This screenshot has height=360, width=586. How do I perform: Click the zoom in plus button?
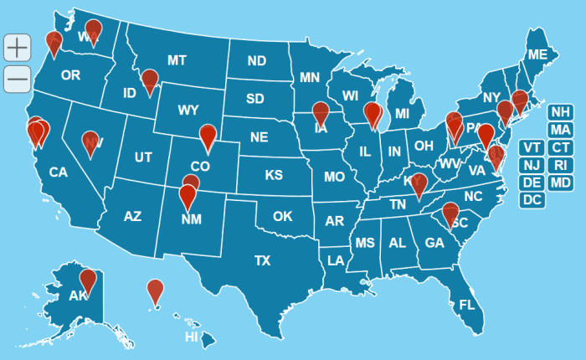click(x=17, y=48)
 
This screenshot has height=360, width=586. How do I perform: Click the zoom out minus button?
click(x=17, y=79)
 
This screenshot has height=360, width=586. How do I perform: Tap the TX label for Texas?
click(x=262, y=260)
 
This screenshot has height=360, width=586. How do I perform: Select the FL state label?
click(x=466, y=305)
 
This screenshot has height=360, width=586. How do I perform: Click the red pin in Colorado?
click(x=208, y=135)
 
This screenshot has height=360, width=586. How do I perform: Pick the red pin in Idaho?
click(x=150, y=81)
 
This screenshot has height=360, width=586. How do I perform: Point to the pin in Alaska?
click(x=88, y=281)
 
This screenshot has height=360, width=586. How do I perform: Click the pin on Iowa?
click(x=321, y=113)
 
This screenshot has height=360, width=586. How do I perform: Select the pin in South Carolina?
click(x=450, y=213)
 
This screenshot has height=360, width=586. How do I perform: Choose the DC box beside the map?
click(x=532, y=200)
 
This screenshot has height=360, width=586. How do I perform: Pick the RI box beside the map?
click(x=560, y=165)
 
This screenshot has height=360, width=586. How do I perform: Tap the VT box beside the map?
click(x=532, y=148)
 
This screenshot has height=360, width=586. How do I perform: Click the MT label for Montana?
click(x=176, y=60)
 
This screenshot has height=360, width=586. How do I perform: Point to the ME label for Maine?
click(x=537, y=55)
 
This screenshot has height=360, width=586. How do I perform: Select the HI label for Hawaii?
click(x=191, y=337)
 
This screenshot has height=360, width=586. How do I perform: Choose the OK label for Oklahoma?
click(x=282, y=216)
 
